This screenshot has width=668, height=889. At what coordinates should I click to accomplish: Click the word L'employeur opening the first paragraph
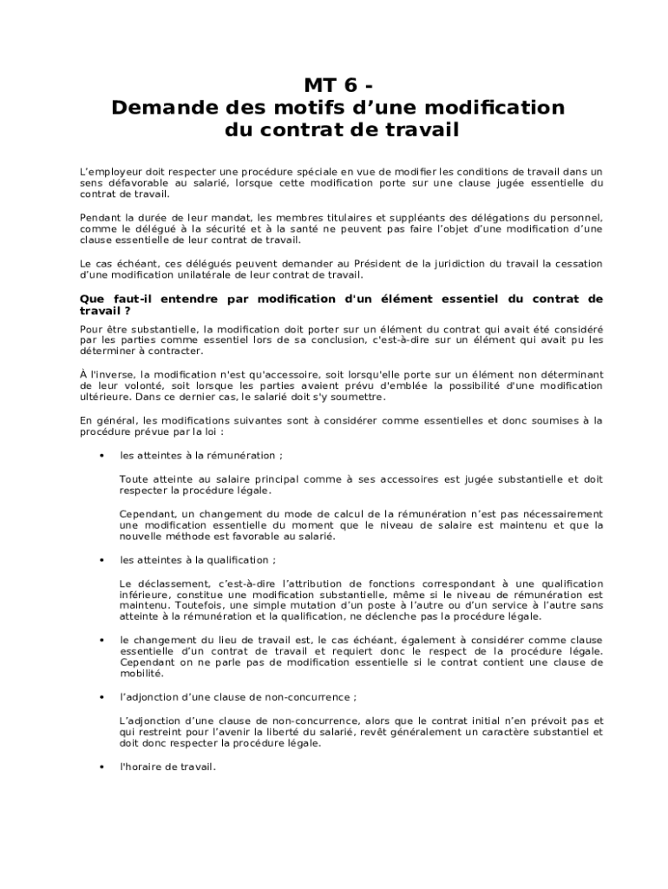click(111, 172)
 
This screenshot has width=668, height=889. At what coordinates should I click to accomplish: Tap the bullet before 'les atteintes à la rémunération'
click(102, 455)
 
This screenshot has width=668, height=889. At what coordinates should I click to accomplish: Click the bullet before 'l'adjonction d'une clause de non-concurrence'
click(102, 696)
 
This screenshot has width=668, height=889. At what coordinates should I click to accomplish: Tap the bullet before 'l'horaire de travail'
click(102, 766)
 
